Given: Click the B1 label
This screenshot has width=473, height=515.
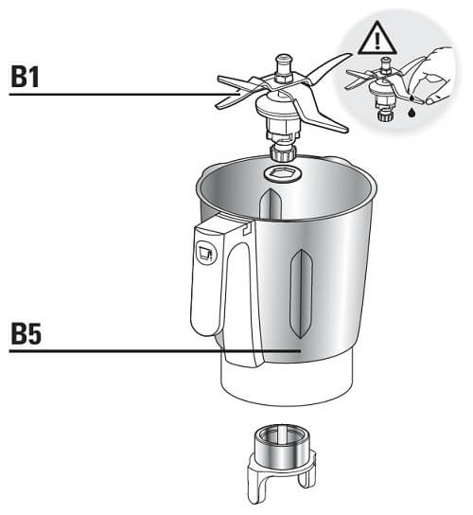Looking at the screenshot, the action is pyautogui.click(x=26, y=77).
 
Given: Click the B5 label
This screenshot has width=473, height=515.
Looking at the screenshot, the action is pyautogui.click(x=26, y=333).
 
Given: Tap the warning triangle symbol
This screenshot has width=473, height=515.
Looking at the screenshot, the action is pyautogui.click(x=377, y=39).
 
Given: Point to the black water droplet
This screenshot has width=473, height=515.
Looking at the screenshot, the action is pyautogui.click(x=411, y=113).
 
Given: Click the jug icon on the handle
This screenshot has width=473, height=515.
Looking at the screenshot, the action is pyautogui.click(x=206, y=253).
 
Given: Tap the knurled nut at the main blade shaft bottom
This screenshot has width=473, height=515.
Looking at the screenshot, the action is pyautogui.click(x=283, y=152).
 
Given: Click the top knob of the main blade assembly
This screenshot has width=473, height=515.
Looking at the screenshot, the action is pyautogui.click(x=283, y=62).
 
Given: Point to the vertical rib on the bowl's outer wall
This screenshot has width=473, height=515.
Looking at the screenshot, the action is pyautogui.click(x=300, y=293).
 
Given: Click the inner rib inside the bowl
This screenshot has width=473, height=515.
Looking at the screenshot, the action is pyautogui.click(x=271, y=204).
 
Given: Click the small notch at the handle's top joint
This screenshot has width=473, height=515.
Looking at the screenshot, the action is pyautogui.click(x=246, y=228).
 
